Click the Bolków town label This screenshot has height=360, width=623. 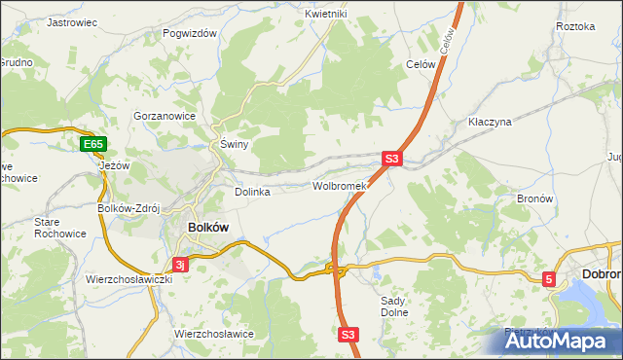(x=206, y=227)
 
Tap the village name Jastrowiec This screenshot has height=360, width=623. (x=73, y=21)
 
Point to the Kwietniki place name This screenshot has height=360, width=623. (x=325, y=14)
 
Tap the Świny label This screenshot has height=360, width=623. (x=235, y=144)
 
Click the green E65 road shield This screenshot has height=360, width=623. (x=92, y=145)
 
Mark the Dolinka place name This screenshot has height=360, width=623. (x=252, y=192)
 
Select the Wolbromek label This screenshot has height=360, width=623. (x=338, y=185)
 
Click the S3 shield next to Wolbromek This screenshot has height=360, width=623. (x=391, y=158)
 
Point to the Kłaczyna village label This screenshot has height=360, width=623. (x=490, y=123)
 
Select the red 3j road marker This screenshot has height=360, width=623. (x=179, y=264)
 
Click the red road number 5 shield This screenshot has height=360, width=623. (x=549, y=279)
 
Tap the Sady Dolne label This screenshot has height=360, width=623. (x=394, y=307)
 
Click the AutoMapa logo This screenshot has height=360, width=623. (x=563, y=341)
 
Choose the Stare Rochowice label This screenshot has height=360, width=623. (x=60, y=228)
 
